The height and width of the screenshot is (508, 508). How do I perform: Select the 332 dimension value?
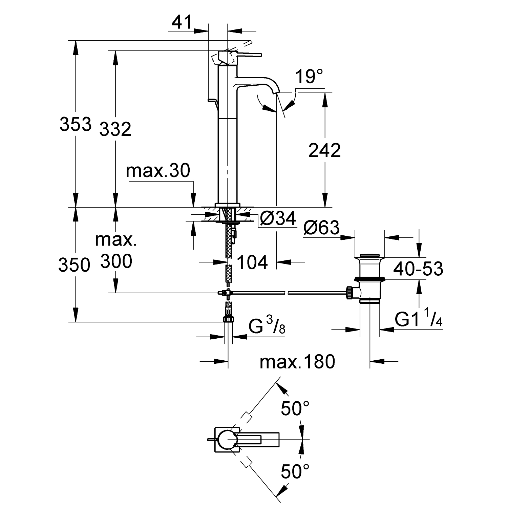(115, 129)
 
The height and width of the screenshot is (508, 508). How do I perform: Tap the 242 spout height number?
(324, 150)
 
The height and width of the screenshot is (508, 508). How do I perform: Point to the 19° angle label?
(309, 77)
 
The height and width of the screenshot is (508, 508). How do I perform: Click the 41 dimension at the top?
(182, 23)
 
